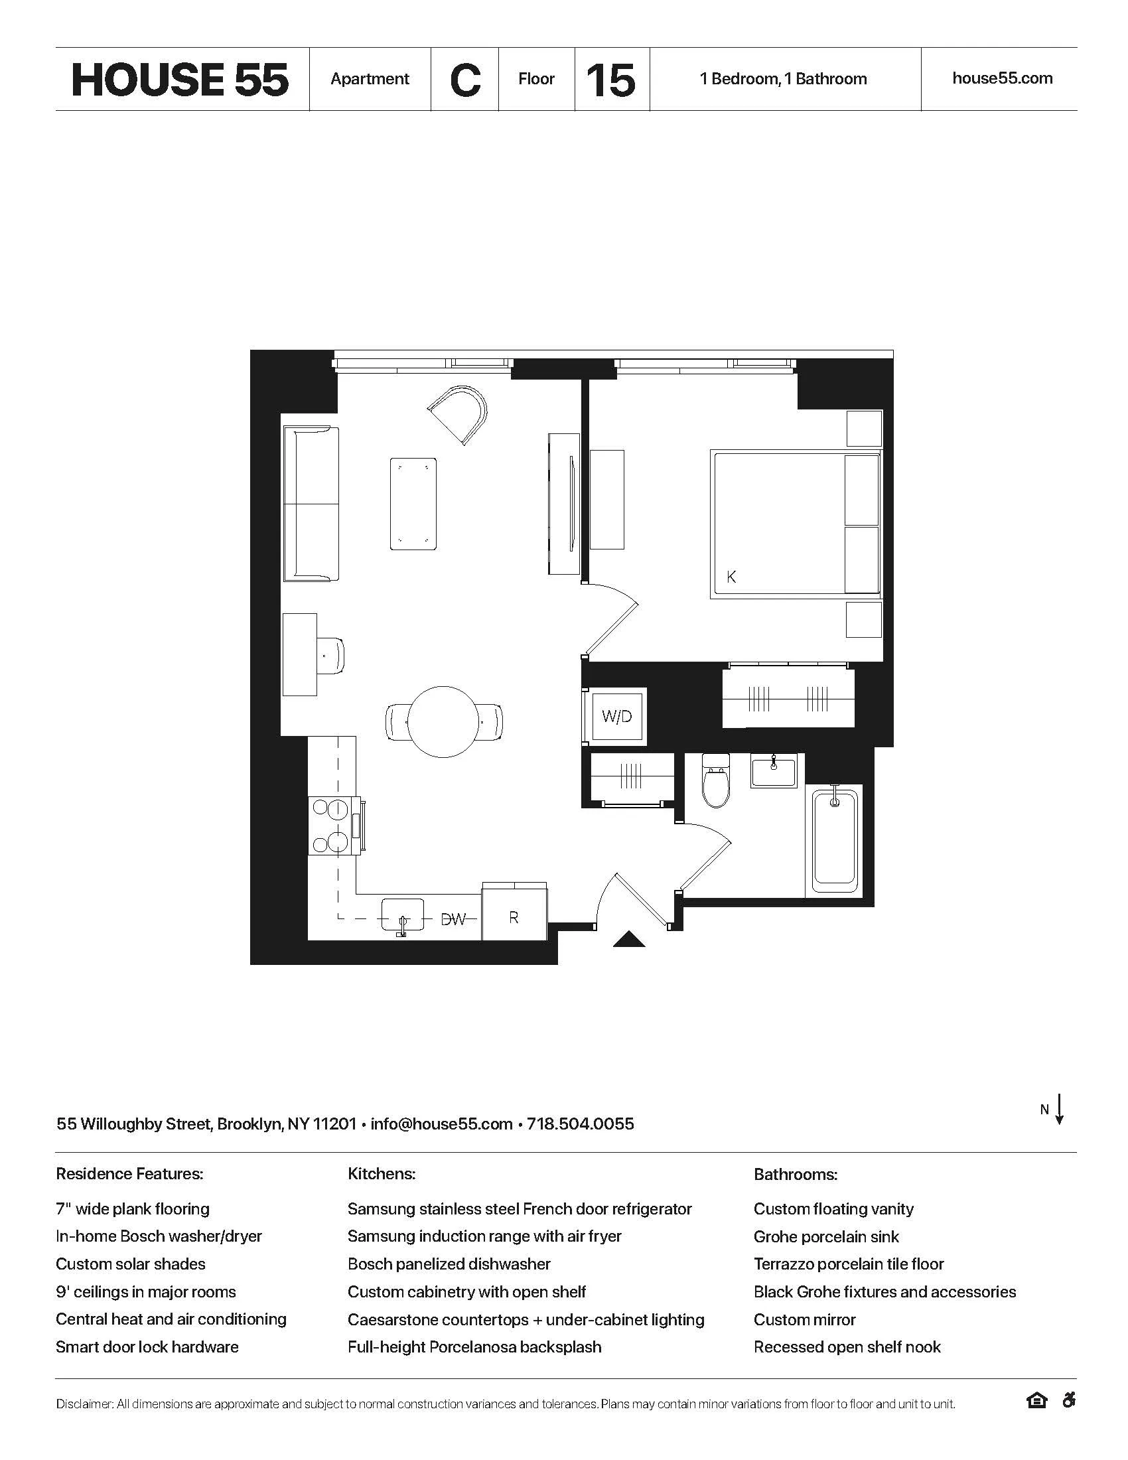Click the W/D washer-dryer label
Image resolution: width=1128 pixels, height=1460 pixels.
click(x=616, y=717)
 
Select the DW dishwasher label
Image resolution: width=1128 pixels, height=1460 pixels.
click(x=454, y=919)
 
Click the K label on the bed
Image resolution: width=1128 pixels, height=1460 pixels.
click(x=731, y=576)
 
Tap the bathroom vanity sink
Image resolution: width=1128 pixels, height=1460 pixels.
click(x=774, y=770)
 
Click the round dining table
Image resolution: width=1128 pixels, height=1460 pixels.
click(x=444, y=722)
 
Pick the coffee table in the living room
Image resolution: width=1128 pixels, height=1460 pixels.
click(x=413, y=504)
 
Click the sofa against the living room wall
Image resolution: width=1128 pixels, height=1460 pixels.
click(x=311, y=504)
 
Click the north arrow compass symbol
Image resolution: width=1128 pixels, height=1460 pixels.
click(x=1058, y=1110)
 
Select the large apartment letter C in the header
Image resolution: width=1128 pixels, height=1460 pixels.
click(x=465, y=80)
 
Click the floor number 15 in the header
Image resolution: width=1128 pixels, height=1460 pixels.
click(x=610, y=80)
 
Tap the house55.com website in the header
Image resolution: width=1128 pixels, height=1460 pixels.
click(x=1002, y=78)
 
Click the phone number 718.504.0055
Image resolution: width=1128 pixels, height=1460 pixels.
click(x=580, y=1124)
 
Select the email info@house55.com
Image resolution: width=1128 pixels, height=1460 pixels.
click(x=441, y=1124)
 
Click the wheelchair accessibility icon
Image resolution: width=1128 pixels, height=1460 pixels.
click(x=1068, y=1400)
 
